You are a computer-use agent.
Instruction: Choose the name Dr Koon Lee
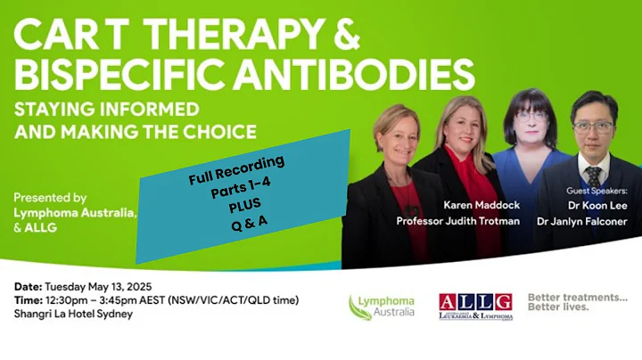[597, 204]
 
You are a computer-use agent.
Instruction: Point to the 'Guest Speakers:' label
[597, 190]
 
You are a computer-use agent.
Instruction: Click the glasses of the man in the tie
[594, 127]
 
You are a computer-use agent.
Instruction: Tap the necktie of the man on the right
[592, 176]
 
